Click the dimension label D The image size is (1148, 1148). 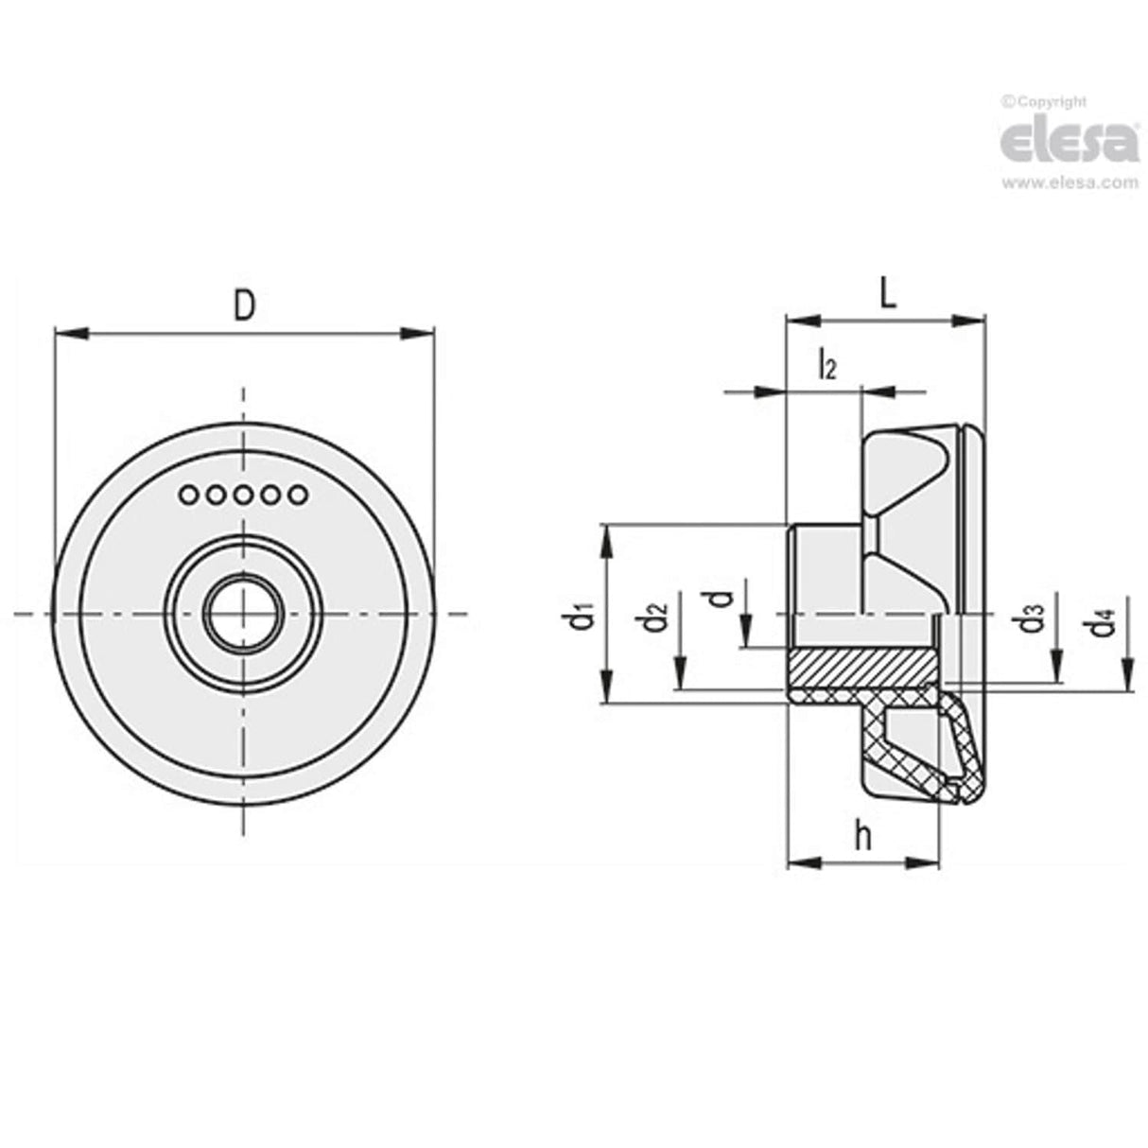pos(244,307)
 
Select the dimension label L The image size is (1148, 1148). pos(886,295)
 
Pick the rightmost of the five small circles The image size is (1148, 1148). pos(300,494)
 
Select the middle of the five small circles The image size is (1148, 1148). pos(244,494)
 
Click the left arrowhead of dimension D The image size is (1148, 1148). pos(72,333)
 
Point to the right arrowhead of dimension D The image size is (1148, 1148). pos(417,333)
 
